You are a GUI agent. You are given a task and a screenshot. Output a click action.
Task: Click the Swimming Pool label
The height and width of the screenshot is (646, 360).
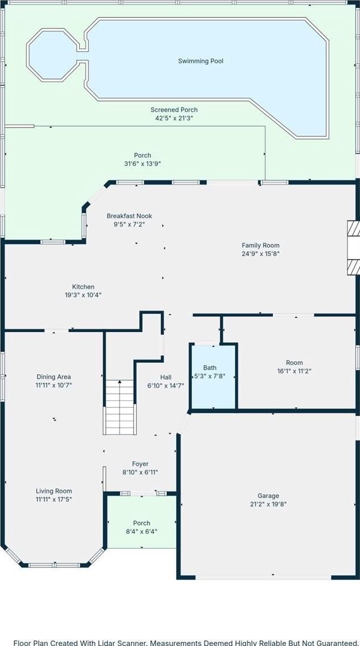[x=201, y=61]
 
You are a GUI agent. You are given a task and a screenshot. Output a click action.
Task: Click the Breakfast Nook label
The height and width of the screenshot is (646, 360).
[x=129, y=216]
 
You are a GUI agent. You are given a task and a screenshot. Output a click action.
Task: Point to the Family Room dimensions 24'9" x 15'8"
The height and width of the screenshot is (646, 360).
[x=261, y=254]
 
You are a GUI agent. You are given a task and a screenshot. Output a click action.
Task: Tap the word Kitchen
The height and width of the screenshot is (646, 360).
[x=83, y=287]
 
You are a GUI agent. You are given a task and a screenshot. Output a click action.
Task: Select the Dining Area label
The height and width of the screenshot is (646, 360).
[x=54, y=377]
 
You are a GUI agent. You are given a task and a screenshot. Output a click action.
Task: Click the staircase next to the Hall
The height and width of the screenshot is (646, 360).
[x=120, y=407]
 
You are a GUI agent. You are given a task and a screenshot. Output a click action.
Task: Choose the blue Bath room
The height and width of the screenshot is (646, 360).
[x=213, y=376]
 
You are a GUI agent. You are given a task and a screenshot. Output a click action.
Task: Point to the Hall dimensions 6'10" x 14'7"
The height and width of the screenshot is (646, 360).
[x=166, y=386]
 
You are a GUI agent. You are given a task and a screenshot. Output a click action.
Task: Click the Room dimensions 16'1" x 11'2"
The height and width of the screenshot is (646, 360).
[x=294, y=371]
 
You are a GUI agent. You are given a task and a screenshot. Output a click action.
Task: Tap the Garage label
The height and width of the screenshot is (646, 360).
[x=268, y=496]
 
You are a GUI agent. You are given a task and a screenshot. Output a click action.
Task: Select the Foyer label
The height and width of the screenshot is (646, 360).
[x=140, y=464]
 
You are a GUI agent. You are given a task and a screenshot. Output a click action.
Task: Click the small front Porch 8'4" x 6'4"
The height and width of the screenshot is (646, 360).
[x=141, y=522]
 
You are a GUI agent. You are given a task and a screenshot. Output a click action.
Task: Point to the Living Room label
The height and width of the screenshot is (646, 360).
[x=54, y=490]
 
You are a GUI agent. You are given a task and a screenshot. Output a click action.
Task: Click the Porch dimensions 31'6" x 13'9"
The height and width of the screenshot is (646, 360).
[x=142, y=163]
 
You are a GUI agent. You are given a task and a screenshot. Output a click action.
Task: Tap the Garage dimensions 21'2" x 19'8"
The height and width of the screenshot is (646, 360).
[x=268, y=504]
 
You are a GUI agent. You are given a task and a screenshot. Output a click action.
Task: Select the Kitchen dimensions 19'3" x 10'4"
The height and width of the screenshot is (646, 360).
[x=83, y=295]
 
